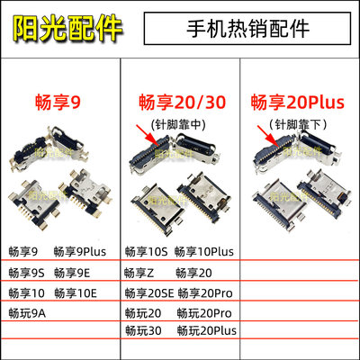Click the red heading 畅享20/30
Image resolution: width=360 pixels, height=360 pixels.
175,101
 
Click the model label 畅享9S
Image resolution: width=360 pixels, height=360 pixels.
27,272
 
